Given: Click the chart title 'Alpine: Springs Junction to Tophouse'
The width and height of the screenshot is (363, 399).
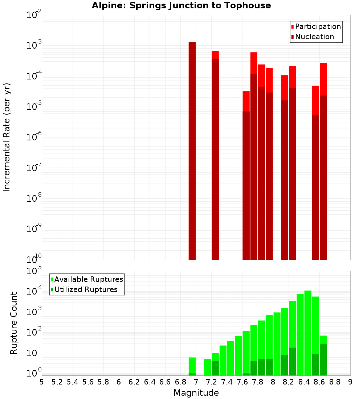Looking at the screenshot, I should pos(181,5).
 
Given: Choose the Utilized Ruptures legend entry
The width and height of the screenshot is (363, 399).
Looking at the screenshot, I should pos(86,289).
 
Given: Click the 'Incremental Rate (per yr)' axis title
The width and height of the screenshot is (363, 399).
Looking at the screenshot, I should pos(7,137).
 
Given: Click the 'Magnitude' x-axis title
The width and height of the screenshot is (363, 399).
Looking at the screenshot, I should pos(196,393).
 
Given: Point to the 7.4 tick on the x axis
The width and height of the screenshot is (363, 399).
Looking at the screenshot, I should pos(227,382).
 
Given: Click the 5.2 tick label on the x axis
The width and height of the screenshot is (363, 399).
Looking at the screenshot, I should pos(57,382).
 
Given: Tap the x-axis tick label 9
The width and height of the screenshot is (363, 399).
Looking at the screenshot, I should pos(350,382).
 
